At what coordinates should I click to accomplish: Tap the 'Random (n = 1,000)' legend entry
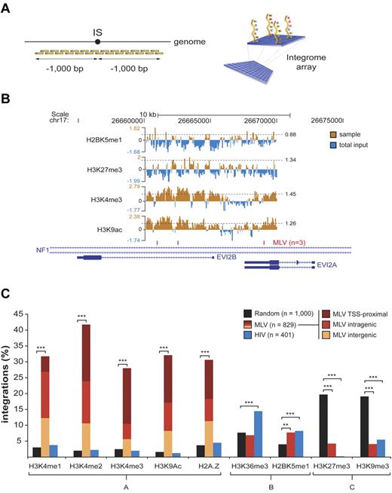271,313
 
